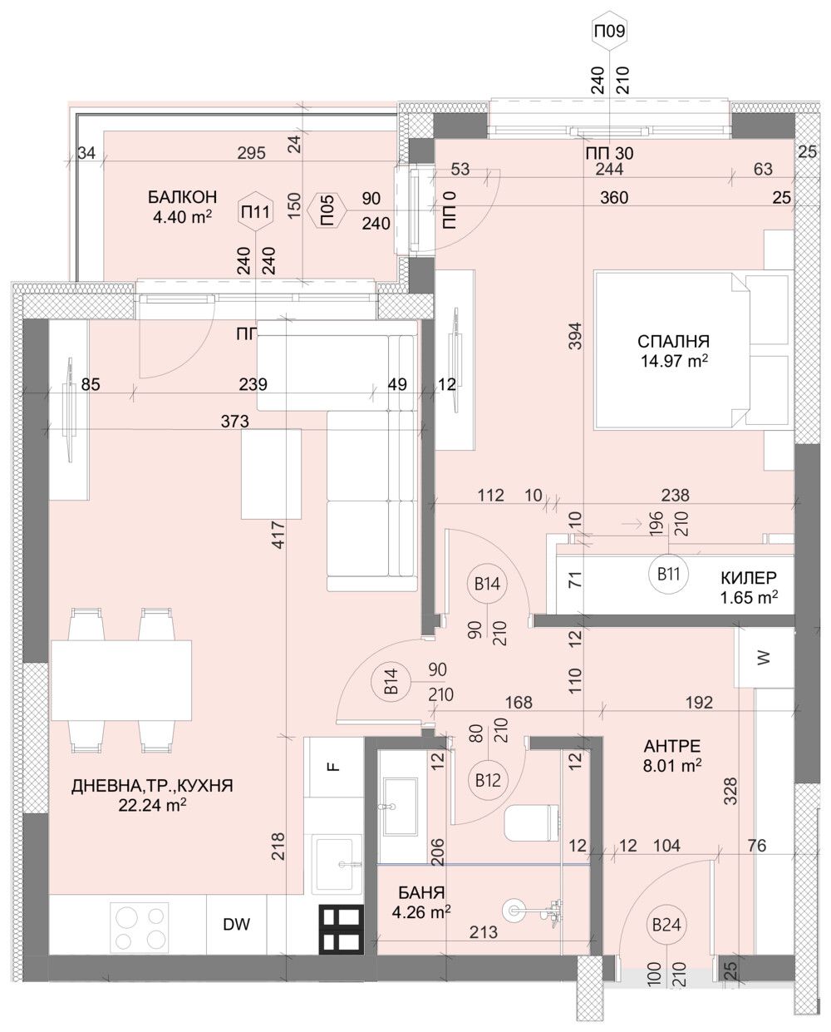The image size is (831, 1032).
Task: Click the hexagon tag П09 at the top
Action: [x=608, y=33]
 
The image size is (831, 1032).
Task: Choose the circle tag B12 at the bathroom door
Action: [x=488, y=780]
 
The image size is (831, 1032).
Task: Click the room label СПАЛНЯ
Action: [x=673, y=341]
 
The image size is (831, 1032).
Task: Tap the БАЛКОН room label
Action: [x=182, y=197]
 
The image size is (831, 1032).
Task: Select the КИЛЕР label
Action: [x=748, y=577]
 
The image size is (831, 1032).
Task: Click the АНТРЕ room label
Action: [x=672, y=746]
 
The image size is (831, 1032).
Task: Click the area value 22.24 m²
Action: [x=151, y=804]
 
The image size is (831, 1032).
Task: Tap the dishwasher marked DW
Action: [x=235, y=924]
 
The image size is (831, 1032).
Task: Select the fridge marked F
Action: [x=333, y=766]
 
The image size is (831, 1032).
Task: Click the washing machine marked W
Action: [x=764, y=656]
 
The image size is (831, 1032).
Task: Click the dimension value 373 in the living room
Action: [x=235, y=422]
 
